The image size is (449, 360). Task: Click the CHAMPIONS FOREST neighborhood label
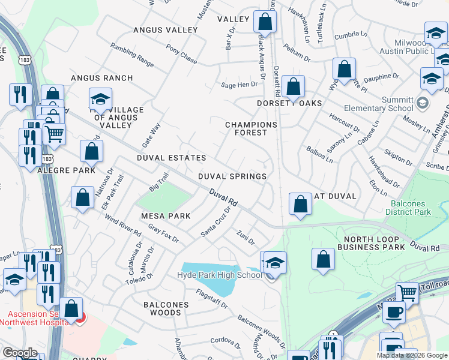[x=251, y=128]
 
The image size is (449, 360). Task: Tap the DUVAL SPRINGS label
[x=232, y=176]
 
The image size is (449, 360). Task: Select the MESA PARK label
[x=166, y=216]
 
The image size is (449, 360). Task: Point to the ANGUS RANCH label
[x=101, y=78]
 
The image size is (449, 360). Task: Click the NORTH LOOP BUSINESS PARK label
[x=370, y=243]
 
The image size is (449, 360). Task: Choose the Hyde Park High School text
[x=220, y=275]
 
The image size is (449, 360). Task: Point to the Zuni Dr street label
[x=246, y=238]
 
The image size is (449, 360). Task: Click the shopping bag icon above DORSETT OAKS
[x=293, y=86]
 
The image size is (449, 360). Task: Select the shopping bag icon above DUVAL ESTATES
[x=91, y=152]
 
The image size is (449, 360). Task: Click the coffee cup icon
[x=394, y=312]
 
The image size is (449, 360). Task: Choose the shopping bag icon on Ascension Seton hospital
[x=71, y=309]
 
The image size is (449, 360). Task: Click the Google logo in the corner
[x=19, y=353]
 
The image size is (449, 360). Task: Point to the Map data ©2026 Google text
[x=411, y=355]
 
